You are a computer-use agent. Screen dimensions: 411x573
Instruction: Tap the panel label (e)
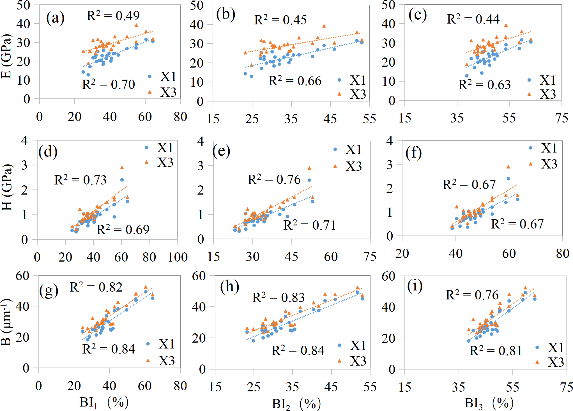[221, 151]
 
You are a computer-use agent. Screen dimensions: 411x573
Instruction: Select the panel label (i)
[415, 286]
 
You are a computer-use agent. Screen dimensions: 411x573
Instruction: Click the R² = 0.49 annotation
[113, 15]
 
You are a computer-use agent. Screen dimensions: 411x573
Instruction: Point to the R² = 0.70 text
[108, 84]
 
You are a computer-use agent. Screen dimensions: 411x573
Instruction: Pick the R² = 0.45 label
[280, 20]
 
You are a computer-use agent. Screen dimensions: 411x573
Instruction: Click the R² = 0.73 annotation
[80, 180]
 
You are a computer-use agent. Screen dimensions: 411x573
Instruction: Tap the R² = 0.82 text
[96, 287]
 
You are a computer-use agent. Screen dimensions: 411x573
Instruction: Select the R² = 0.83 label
[278, 297]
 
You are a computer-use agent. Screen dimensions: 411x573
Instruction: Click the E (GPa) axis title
[7, 56]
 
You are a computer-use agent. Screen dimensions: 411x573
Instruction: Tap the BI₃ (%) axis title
[489, 403]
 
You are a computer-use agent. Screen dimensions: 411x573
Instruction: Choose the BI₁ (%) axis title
[104, 403]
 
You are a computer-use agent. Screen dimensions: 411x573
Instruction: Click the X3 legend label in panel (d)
[165, 162]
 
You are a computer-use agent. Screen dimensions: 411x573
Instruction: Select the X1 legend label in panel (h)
[358, 345]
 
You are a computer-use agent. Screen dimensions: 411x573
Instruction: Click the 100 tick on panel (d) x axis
[178, 257]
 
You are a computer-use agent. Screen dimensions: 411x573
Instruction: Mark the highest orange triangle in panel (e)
[309, 168]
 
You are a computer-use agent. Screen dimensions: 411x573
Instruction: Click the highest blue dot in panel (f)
[508, 179]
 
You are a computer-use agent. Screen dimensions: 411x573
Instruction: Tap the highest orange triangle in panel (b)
[324, 26]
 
